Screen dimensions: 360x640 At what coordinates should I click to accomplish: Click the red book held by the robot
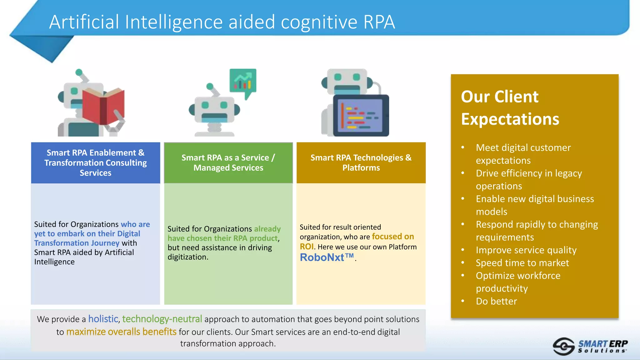click(103, 106)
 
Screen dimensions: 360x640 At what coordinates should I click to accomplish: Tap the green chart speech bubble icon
click(243, 81)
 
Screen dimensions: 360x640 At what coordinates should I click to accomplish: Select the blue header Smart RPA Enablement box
click(96, 163)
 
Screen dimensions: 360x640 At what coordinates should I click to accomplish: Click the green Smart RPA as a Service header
click(228, 163)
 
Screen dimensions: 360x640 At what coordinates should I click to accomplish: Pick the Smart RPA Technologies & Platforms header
click(361, 163)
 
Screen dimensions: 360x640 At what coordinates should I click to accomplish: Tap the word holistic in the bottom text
click(103, 319)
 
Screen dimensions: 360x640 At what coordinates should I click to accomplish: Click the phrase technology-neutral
click(162, 319)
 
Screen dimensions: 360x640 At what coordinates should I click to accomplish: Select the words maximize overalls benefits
click(121, 332)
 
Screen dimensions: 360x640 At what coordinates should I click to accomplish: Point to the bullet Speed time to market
click(522, 263)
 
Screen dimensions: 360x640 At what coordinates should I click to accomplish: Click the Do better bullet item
click(496, 301)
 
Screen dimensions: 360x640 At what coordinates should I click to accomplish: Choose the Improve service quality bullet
click(526, 250)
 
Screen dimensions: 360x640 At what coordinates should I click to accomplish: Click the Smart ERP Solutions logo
click(591, 347)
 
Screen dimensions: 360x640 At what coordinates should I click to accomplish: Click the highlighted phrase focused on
click(393, 237)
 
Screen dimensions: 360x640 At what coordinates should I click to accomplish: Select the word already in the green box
click(267, 229)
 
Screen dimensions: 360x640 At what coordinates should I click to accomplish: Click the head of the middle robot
click(214, 109)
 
